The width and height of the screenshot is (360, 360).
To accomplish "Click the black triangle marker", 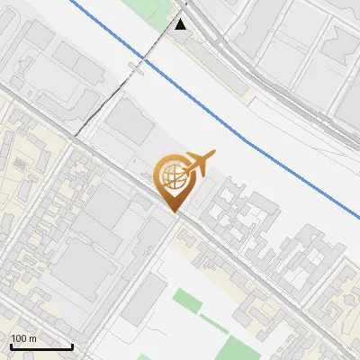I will click(x=181, y=24).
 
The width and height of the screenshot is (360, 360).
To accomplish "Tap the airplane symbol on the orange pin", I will click(x=199, y=161).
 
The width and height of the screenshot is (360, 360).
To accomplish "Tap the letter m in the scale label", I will click(x=33, y=338).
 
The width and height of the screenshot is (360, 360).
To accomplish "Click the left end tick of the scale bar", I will click(x=11, y=345).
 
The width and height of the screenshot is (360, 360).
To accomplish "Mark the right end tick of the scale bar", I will click(x=72, y=345).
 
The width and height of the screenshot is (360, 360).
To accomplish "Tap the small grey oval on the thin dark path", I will click(x=136, y=68).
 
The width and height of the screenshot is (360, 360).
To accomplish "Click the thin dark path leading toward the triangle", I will click(x=108, y=99).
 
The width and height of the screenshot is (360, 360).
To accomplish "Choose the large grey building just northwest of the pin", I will click(x=130, y=125).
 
